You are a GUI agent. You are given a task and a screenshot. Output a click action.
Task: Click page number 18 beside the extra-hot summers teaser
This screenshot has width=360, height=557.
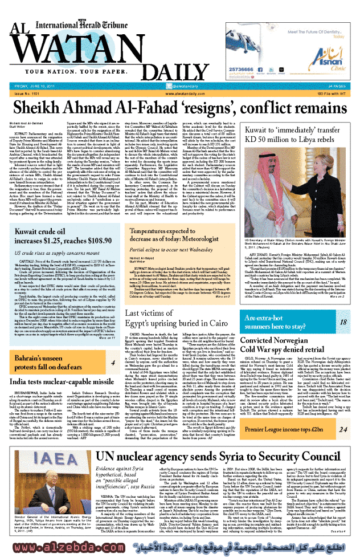point(344,322)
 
